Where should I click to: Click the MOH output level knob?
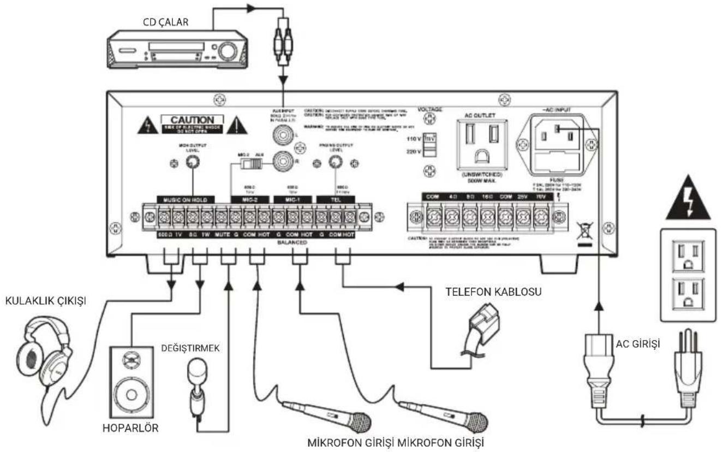[193, 162]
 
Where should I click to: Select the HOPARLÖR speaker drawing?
[130, 382]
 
